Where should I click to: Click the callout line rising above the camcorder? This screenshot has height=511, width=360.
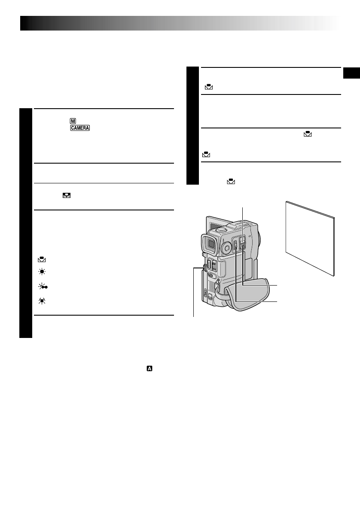(x=242, y=215)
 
